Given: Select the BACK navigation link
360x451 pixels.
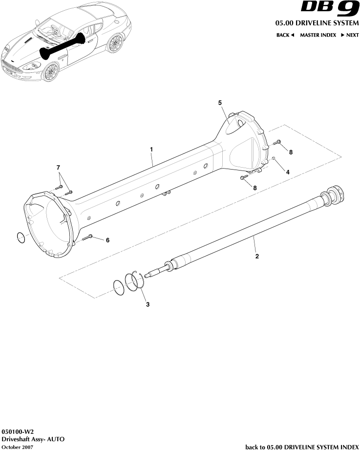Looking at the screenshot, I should (285, 35).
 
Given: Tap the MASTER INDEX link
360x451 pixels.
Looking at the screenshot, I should (318, 35).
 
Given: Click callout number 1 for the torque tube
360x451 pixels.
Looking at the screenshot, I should (152, 149).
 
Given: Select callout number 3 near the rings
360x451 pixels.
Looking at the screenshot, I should (148, 304).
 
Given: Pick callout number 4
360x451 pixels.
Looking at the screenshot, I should (288, 172).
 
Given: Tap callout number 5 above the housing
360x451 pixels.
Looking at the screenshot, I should (220, 103).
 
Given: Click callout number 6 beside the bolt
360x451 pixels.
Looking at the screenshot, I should (108, 240).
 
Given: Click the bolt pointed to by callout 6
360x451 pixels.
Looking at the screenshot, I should (88, 237).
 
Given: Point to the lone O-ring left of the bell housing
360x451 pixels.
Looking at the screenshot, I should (21, 238).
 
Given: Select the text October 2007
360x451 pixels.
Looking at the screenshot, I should (18, 447).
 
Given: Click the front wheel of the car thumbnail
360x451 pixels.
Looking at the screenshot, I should (50, 72).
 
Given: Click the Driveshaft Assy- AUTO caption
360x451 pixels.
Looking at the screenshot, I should (33, 440).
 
